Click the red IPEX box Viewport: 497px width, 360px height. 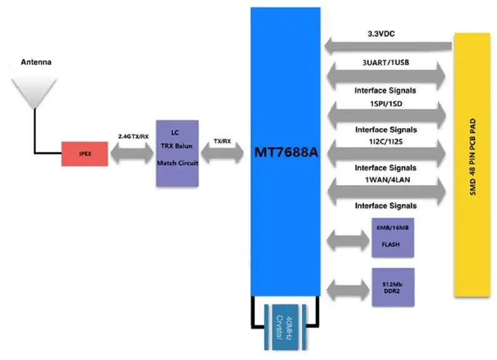pyautogui.click(x=84, y=153)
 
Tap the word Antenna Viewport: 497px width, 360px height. pyautogui.click(x=36, y=62)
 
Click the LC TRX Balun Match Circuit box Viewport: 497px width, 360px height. pyautogui.click(x=177, y=153)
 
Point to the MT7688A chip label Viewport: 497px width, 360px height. pyautogui.click(x=285, y=153)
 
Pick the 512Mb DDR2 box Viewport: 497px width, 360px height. pyautogui.click(x=393, y=287)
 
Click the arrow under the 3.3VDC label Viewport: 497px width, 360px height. pyautogui.click(x=388, y=46)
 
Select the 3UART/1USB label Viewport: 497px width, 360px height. pyautogui.click(x=384, y=62)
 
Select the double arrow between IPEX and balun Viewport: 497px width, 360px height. pyautogui.click(x=132, y=154)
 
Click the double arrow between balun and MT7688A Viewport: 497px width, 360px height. pyautogui.click(x=222, y=154)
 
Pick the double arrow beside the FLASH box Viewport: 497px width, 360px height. pyautogui.click(x=346, y=239)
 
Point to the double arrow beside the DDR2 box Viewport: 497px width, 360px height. pyautogui.click(x=346, y=287)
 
